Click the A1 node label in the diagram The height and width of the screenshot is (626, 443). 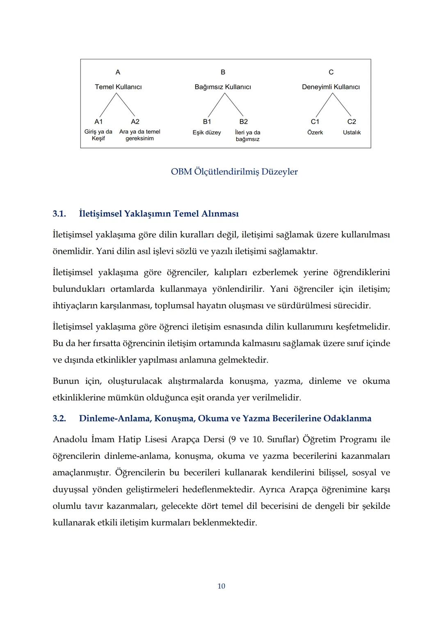[x=98, y=122]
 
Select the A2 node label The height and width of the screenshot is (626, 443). [x=135, y=122]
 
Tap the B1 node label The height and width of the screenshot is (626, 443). [x=207, y=122]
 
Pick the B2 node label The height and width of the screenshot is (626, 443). [x=244, y=122]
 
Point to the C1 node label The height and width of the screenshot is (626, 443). [x=315, y=122]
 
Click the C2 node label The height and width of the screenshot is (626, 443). [x=352, y=122]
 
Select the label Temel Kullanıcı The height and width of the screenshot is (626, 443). [x=118, y=87]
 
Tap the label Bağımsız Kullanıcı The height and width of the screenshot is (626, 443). [x=223, y=87]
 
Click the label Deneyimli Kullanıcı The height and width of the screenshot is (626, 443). [x=331, y=87]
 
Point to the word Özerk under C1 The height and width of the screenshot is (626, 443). [x=315, y=132]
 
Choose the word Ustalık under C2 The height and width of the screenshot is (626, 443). [x=352, y=132]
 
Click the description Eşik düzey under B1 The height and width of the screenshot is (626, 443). [x=207, y=132]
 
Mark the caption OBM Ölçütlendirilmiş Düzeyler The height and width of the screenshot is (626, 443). [x=234, y=172]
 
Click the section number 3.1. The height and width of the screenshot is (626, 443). [x=59, y=214]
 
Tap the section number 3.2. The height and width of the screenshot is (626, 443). [x=59, y=419]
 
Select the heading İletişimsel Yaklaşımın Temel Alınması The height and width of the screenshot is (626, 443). [x=159, y=214]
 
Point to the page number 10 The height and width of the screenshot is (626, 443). [x=221, y=586]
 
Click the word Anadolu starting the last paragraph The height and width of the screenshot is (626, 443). [x=70, y=439]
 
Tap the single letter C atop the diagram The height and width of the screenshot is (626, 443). [x=331, y=72]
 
